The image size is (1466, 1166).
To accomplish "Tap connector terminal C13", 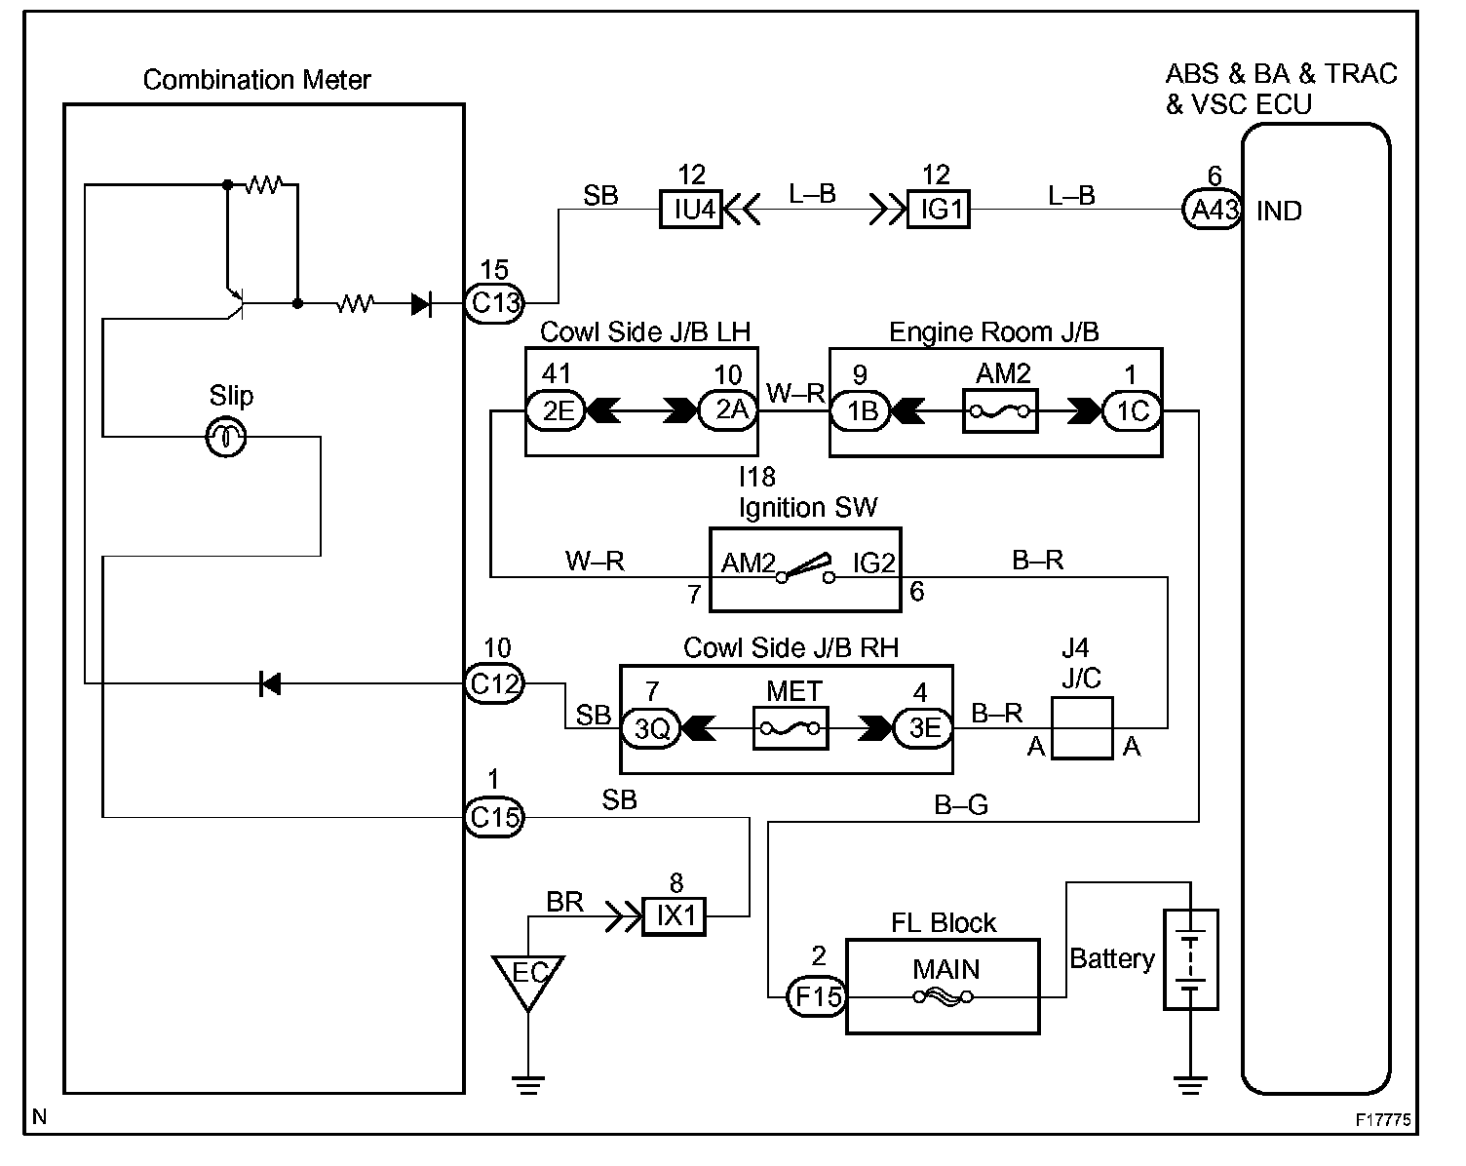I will click(494, 302).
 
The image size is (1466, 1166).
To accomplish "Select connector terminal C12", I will click(494, 683).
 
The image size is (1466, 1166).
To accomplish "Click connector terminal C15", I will click(494, 817).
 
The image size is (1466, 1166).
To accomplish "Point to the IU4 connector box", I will click(691, 209).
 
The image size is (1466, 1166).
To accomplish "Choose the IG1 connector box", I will click(938, 209).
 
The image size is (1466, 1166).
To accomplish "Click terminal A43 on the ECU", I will click(1213, 209).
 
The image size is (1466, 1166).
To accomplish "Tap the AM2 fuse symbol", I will click(1000, 411).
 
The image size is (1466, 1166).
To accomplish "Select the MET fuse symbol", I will click(790, 728).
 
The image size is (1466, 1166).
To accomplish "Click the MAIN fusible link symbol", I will click(942, 996).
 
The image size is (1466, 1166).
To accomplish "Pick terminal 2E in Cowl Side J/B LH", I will click(556, 411).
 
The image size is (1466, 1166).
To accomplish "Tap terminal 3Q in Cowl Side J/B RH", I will click(651, 728).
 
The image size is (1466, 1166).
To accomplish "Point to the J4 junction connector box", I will click(1082, 728).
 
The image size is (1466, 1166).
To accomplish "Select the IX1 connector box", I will click(674, 916).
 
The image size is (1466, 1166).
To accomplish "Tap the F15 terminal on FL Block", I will click(816, 996).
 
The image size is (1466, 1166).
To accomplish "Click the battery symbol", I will click(1190, 959).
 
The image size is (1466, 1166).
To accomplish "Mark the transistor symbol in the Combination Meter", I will click(234, 302).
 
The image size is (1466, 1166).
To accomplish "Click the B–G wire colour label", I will click(961, 804).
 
